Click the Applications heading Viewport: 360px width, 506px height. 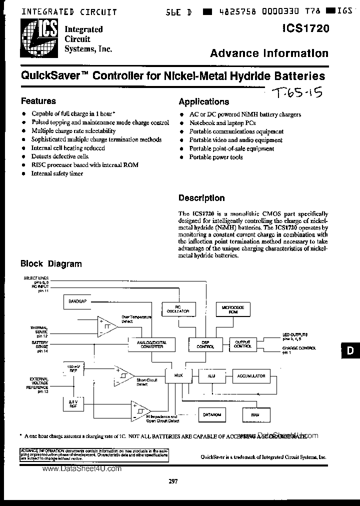coord(203,101)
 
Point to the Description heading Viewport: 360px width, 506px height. coord(201,198)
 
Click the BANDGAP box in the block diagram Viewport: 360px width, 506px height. coord(77,301)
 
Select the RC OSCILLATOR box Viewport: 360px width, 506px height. coord(177,309)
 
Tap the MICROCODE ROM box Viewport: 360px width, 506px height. coord(230,309)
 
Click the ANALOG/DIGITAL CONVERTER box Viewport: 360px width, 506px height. coord(148,344)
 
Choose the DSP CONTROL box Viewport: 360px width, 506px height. coord(202,344)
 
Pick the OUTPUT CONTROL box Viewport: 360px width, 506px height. coord(242,344)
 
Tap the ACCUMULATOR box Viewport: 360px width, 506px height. coord(251,376)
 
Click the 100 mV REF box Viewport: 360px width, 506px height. coord(73,369)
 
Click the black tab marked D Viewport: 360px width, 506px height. coord(351,351)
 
